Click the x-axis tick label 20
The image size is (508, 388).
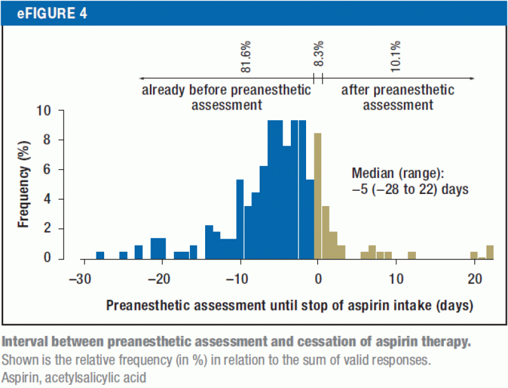474,278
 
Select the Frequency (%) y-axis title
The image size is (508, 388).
23,184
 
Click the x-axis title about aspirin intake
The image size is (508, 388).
290,305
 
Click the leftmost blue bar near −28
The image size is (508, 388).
100,255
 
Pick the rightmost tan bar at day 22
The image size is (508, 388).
490,252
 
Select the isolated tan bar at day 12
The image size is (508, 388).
411,255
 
